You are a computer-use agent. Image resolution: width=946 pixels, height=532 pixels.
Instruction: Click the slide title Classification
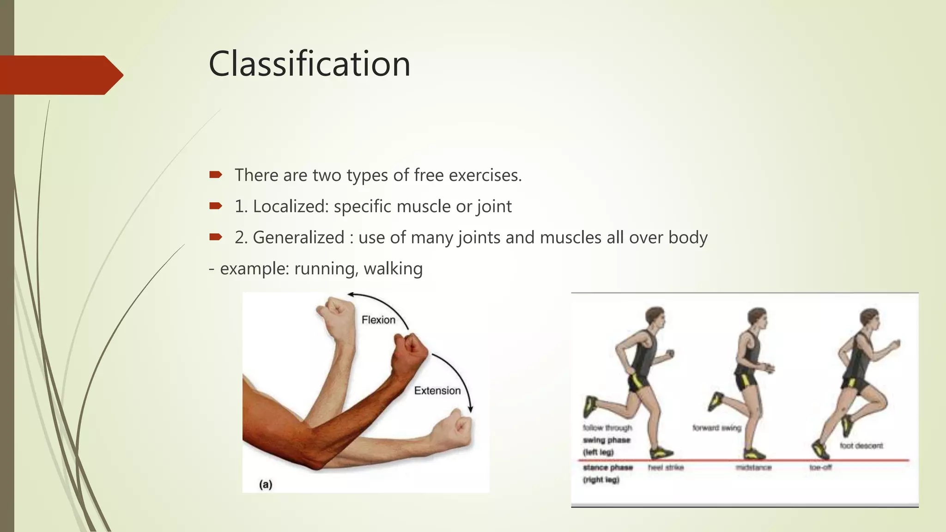[x=309, y=64]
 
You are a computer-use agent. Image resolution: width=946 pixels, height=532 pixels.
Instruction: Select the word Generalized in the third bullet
[x=298, y=237]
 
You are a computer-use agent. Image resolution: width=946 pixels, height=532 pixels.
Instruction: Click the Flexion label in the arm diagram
[x=378, y=320]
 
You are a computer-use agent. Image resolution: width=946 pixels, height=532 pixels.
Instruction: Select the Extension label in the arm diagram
[x=437, y=391]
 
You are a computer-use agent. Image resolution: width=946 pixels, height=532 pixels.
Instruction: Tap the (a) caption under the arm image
[x=266, y=484]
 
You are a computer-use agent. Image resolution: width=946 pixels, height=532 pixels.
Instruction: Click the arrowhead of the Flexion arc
[x=351, y=294]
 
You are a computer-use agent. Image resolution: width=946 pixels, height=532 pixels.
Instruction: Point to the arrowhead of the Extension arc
[x=471, y=409]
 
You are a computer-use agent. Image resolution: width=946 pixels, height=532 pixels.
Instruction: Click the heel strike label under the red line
[x=666, y=467]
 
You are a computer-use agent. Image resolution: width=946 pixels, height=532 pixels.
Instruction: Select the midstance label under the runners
[x=753, y=467]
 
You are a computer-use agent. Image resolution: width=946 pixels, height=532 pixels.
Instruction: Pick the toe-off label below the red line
[x=820, y=467]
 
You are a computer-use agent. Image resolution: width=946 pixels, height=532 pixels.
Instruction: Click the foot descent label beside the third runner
[x=861, y=446]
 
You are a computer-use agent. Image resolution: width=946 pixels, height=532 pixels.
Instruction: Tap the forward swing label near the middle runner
[x=716, y=428]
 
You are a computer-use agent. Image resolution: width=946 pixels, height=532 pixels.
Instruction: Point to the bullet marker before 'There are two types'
[x=215, y=175]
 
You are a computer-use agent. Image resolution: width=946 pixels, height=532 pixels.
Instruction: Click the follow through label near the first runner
[x=607, y=428]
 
